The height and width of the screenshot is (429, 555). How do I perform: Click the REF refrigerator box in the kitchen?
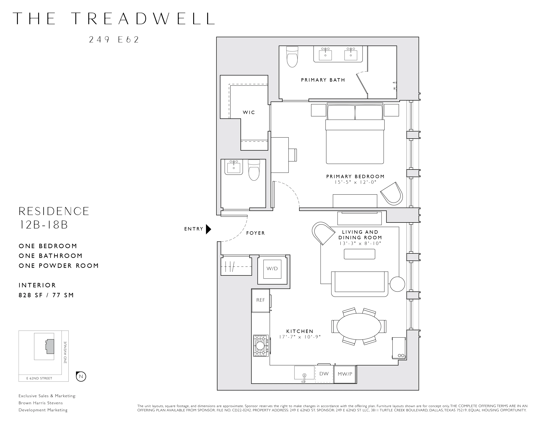(261, 300)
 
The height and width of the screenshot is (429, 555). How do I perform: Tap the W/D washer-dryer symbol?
(272, 269)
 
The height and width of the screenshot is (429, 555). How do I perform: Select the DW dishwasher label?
(324, 374)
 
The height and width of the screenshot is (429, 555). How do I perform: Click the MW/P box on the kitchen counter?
(345, 374)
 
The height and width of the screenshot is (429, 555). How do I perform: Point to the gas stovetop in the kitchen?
(261, 346)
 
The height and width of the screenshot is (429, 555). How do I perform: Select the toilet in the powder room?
(254, 170)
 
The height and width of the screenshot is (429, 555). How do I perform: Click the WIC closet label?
(249, 112)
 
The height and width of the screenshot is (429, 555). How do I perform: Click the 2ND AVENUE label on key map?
(65, 352)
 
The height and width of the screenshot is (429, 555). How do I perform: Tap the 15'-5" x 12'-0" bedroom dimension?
(355, 182)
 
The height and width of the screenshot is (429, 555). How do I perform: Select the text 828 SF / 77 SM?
(46, 295)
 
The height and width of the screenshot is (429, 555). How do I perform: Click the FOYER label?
(255, 233)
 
